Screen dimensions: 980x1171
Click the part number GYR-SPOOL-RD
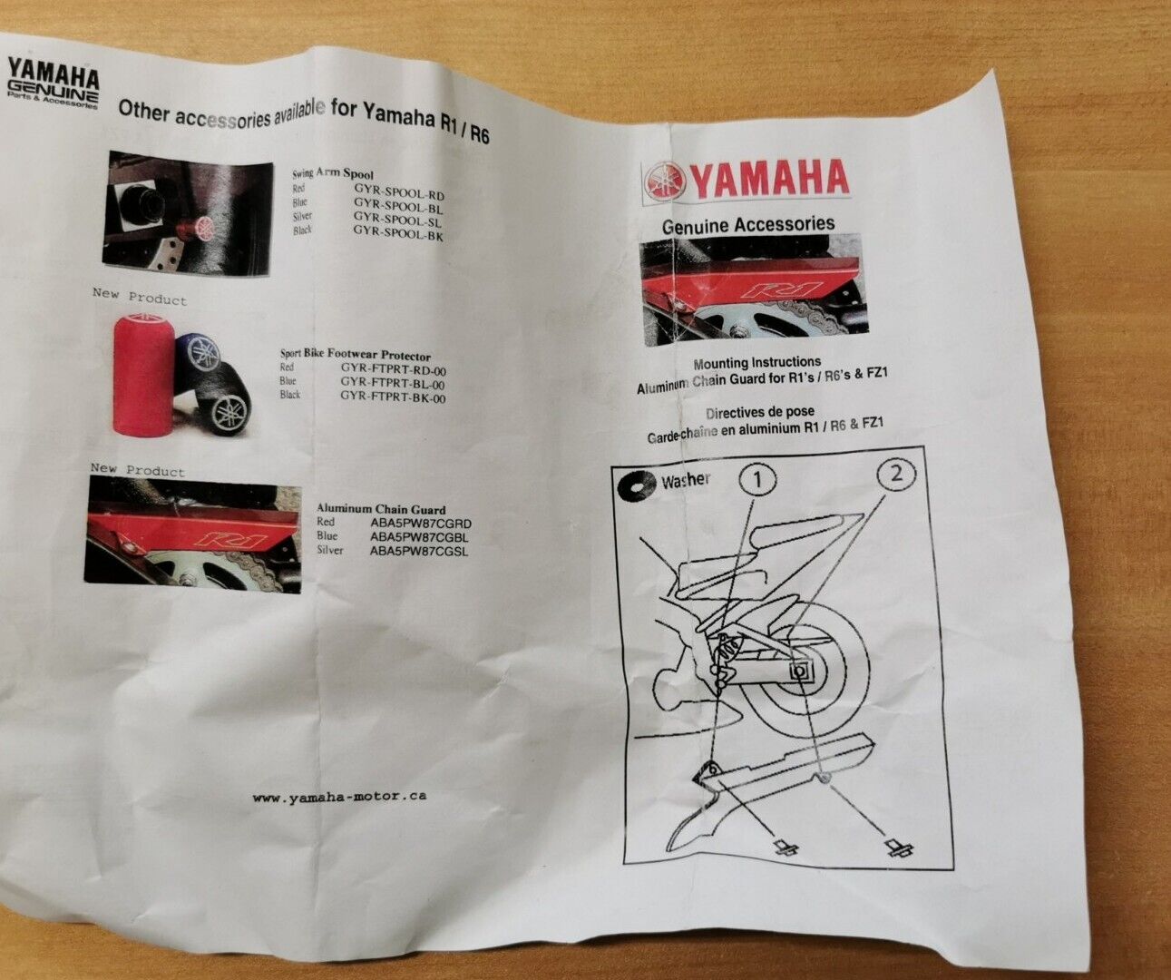tap(399, 194)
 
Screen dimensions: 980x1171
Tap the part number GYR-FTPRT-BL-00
tap(393, 383)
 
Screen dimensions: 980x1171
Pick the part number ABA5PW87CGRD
tap(420, 524)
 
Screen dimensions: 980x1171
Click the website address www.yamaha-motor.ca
tap(339, 797)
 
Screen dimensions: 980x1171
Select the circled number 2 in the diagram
tap(896, 473)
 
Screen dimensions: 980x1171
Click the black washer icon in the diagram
tap(637, 485)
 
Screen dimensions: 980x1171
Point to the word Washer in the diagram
tap(686, 481)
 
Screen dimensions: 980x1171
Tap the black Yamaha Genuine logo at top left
tap(53, 83)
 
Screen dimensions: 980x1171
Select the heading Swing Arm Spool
tap(332, 173)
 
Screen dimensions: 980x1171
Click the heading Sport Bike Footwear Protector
tap(355, 356)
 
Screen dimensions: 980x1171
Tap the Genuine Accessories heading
tap(747, 224)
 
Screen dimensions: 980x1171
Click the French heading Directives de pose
tap(759, 413)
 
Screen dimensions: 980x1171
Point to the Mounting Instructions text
tap(756, 363)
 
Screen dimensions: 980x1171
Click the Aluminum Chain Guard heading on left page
tap(380, 509)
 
